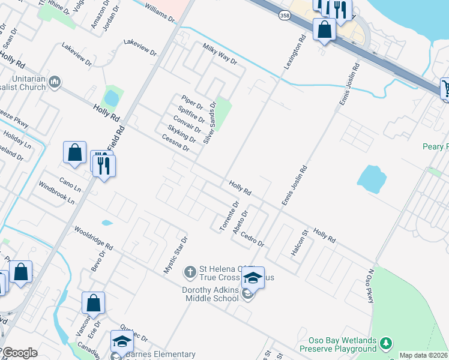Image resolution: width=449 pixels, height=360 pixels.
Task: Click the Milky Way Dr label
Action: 220,55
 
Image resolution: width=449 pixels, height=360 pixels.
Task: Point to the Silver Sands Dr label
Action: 209,122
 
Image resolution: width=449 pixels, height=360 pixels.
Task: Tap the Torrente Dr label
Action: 229,216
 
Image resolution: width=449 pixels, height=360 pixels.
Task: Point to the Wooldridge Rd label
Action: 93,238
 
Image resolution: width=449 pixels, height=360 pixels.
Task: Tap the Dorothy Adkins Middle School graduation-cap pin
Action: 253,278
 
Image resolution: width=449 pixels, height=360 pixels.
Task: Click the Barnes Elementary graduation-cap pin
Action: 122,341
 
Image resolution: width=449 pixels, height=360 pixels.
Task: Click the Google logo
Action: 20,353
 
